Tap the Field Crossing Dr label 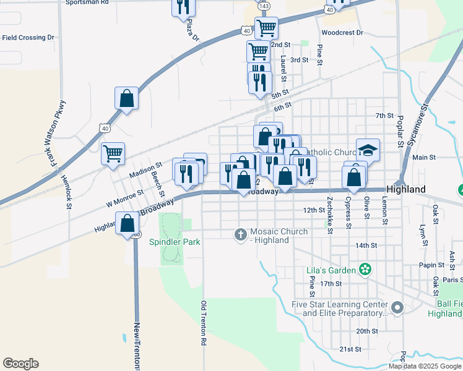click(28, 38)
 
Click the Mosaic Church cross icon click(241, 234)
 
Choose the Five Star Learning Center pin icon click(397, 307)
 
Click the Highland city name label click(405, 189)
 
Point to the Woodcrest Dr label click(342, 32)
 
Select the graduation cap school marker click(368, 150)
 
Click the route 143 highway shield click(264, 6)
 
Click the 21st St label click(350, 349)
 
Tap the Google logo click(20, 364)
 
